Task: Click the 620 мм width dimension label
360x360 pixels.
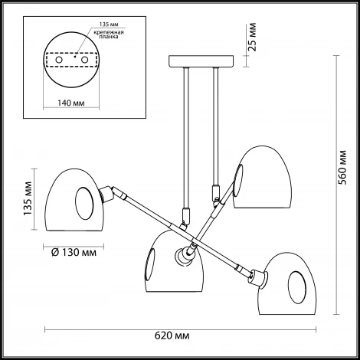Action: [172, 335]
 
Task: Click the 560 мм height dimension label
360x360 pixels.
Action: [342, 167]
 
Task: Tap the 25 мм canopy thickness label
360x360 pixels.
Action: [251, 38]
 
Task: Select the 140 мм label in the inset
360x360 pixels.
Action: [70, 103]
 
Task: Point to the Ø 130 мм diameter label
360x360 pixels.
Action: [74, 253]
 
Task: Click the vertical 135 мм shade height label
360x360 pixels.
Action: [28, 198]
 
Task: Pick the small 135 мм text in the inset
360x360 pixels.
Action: [109, 25]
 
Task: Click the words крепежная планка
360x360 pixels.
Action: [109, 34]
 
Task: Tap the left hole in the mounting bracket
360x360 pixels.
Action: [59, 61]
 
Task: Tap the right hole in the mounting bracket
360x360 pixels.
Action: [84, 61]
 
